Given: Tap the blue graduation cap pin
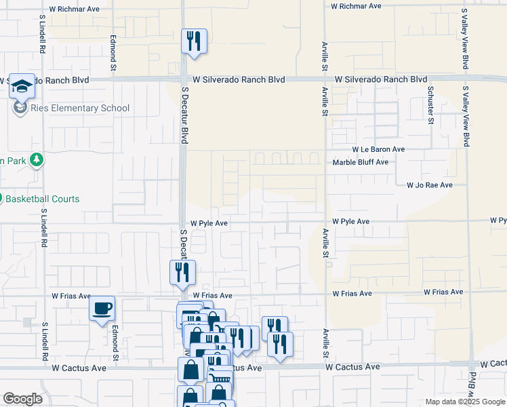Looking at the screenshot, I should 22,86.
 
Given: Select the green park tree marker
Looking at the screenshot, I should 37,160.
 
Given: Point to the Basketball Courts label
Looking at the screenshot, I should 43,199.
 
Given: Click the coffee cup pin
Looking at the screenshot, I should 102,309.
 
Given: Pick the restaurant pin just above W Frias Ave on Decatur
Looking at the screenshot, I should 182,273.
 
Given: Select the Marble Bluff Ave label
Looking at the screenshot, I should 360,162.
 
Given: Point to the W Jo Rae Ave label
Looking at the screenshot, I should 429,185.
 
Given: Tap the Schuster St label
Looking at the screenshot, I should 430,105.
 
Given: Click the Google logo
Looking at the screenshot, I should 22,399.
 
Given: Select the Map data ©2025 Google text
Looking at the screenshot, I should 464,402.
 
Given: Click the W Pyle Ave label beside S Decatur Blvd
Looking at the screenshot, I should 208,222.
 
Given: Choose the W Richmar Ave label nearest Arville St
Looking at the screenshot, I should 356,5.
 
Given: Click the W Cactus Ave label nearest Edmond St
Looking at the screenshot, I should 79,368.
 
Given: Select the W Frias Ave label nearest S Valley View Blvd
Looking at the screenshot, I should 443,292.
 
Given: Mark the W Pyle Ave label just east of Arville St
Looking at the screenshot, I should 350,222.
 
